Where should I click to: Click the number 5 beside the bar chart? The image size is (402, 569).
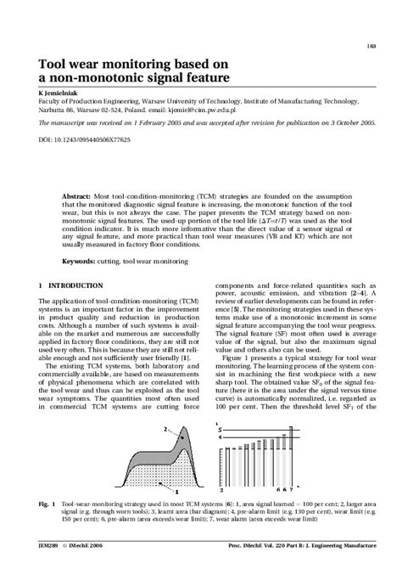click(221, 431)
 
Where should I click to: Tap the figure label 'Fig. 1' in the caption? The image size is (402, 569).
click(47, 504)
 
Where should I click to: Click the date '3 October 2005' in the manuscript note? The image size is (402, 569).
click(346, 122)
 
